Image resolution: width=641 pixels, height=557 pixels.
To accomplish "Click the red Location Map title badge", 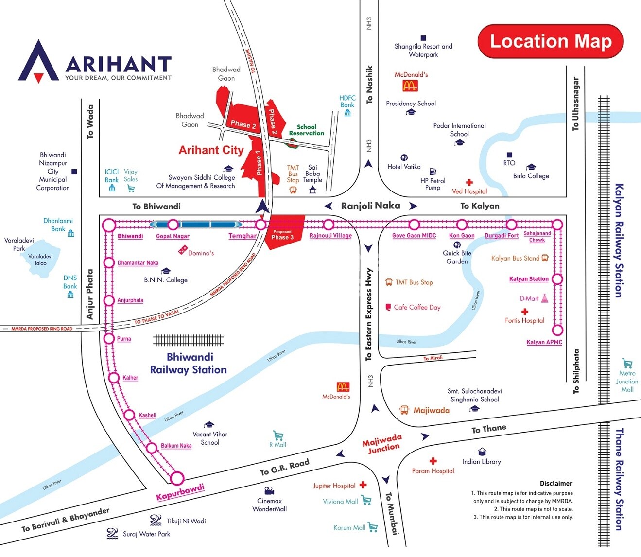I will pyautogui.click(x=550, y=41).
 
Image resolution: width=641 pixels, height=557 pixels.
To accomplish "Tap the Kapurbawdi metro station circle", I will pyautogui.click(x=177, y=478).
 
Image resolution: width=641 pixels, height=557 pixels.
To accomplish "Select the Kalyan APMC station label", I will pyautogui.click(x=544, y=342).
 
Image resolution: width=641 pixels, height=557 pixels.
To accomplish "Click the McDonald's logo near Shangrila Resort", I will pyautogui.click(x=410, y=86).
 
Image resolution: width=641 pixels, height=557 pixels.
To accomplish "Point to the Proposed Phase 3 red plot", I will pyautogui.click(x=284, y=232).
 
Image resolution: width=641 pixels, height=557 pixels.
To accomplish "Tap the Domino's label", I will pyautogui.click(x=201, y=253).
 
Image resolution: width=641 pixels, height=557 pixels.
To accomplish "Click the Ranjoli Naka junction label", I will pyautogui.click(x=370, y=206).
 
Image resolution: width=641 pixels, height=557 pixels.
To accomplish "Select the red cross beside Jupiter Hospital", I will pyautogui.click(x=363, y=485).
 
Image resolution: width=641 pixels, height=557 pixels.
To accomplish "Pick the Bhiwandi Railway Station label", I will pyautogui.click(x=189, y=364).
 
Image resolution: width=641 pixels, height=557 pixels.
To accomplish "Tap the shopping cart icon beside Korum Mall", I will pyautogui.click(x=373, y=527).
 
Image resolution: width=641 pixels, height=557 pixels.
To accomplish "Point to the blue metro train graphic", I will pyautogui.click(x=196, y=225).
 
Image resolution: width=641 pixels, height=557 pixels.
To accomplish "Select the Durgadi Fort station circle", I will pyautogui.click(x=511, y=225).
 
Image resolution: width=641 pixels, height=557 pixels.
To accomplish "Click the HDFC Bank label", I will pyautogui.click(x=347, y=101).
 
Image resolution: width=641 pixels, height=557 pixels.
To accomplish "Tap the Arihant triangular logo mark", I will pyautogui.click(x=38, y=62).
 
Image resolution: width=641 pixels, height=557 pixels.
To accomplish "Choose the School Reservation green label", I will pyautogui.click(x=306, y=130).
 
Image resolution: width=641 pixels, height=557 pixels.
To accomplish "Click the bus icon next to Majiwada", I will pyautogui.click(x=404, y=410).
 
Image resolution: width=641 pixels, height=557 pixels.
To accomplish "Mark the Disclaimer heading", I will pyautogui.click(x=556, y=483).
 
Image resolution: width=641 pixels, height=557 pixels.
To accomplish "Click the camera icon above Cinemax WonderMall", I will pyautogui.click(x=269, y=490).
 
